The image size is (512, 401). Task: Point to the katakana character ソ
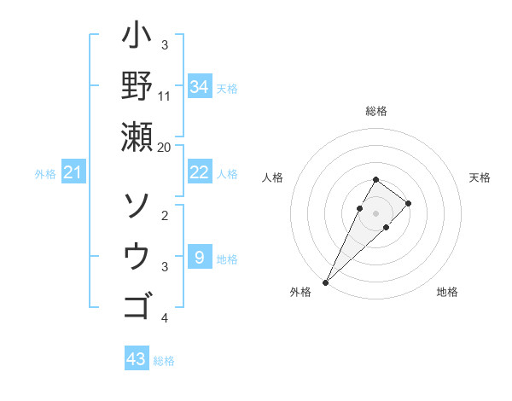pyautogui.click(x=137, y=205)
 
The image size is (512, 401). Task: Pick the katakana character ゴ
pyautogui.click(x=137, y=305)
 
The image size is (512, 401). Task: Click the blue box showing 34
pyautogui.click(x=199, y=86)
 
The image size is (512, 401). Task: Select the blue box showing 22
pyautogui.click(x=199, y=172)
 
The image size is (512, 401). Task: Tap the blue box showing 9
pyautogui.click(x=199, y=257)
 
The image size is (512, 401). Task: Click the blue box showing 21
pyautogui.click(x=73, y=173)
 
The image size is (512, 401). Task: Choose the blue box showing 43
pyautogui.click(x=136, y=359)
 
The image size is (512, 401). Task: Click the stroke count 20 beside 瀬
pyautogui.click(x=165, y=147)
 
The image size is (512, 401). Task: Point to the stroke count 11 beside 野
pyautogui.click(x=165, y=95)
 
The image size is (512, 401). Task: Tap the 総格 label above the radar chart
pyautogui.click(x=376, y=111)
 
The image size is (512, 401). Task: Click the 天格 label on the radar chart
pyautogui.click(x=480, y=177)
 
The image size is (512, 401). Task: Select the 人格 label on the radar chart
pyautogui.click(x=273, y=177)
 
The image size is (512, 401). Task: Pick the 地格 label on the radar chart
pyautogui.click(x=447, y=292)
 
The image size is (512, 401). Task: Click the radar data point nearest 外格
pyautogui.click(x=325, y=282)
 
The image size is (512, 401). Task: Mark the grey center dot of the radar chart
pyautogui.click(x=376, y=212)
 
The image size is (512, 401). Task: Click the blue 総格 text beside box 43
pyautogui.click(x=164, y=361)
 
